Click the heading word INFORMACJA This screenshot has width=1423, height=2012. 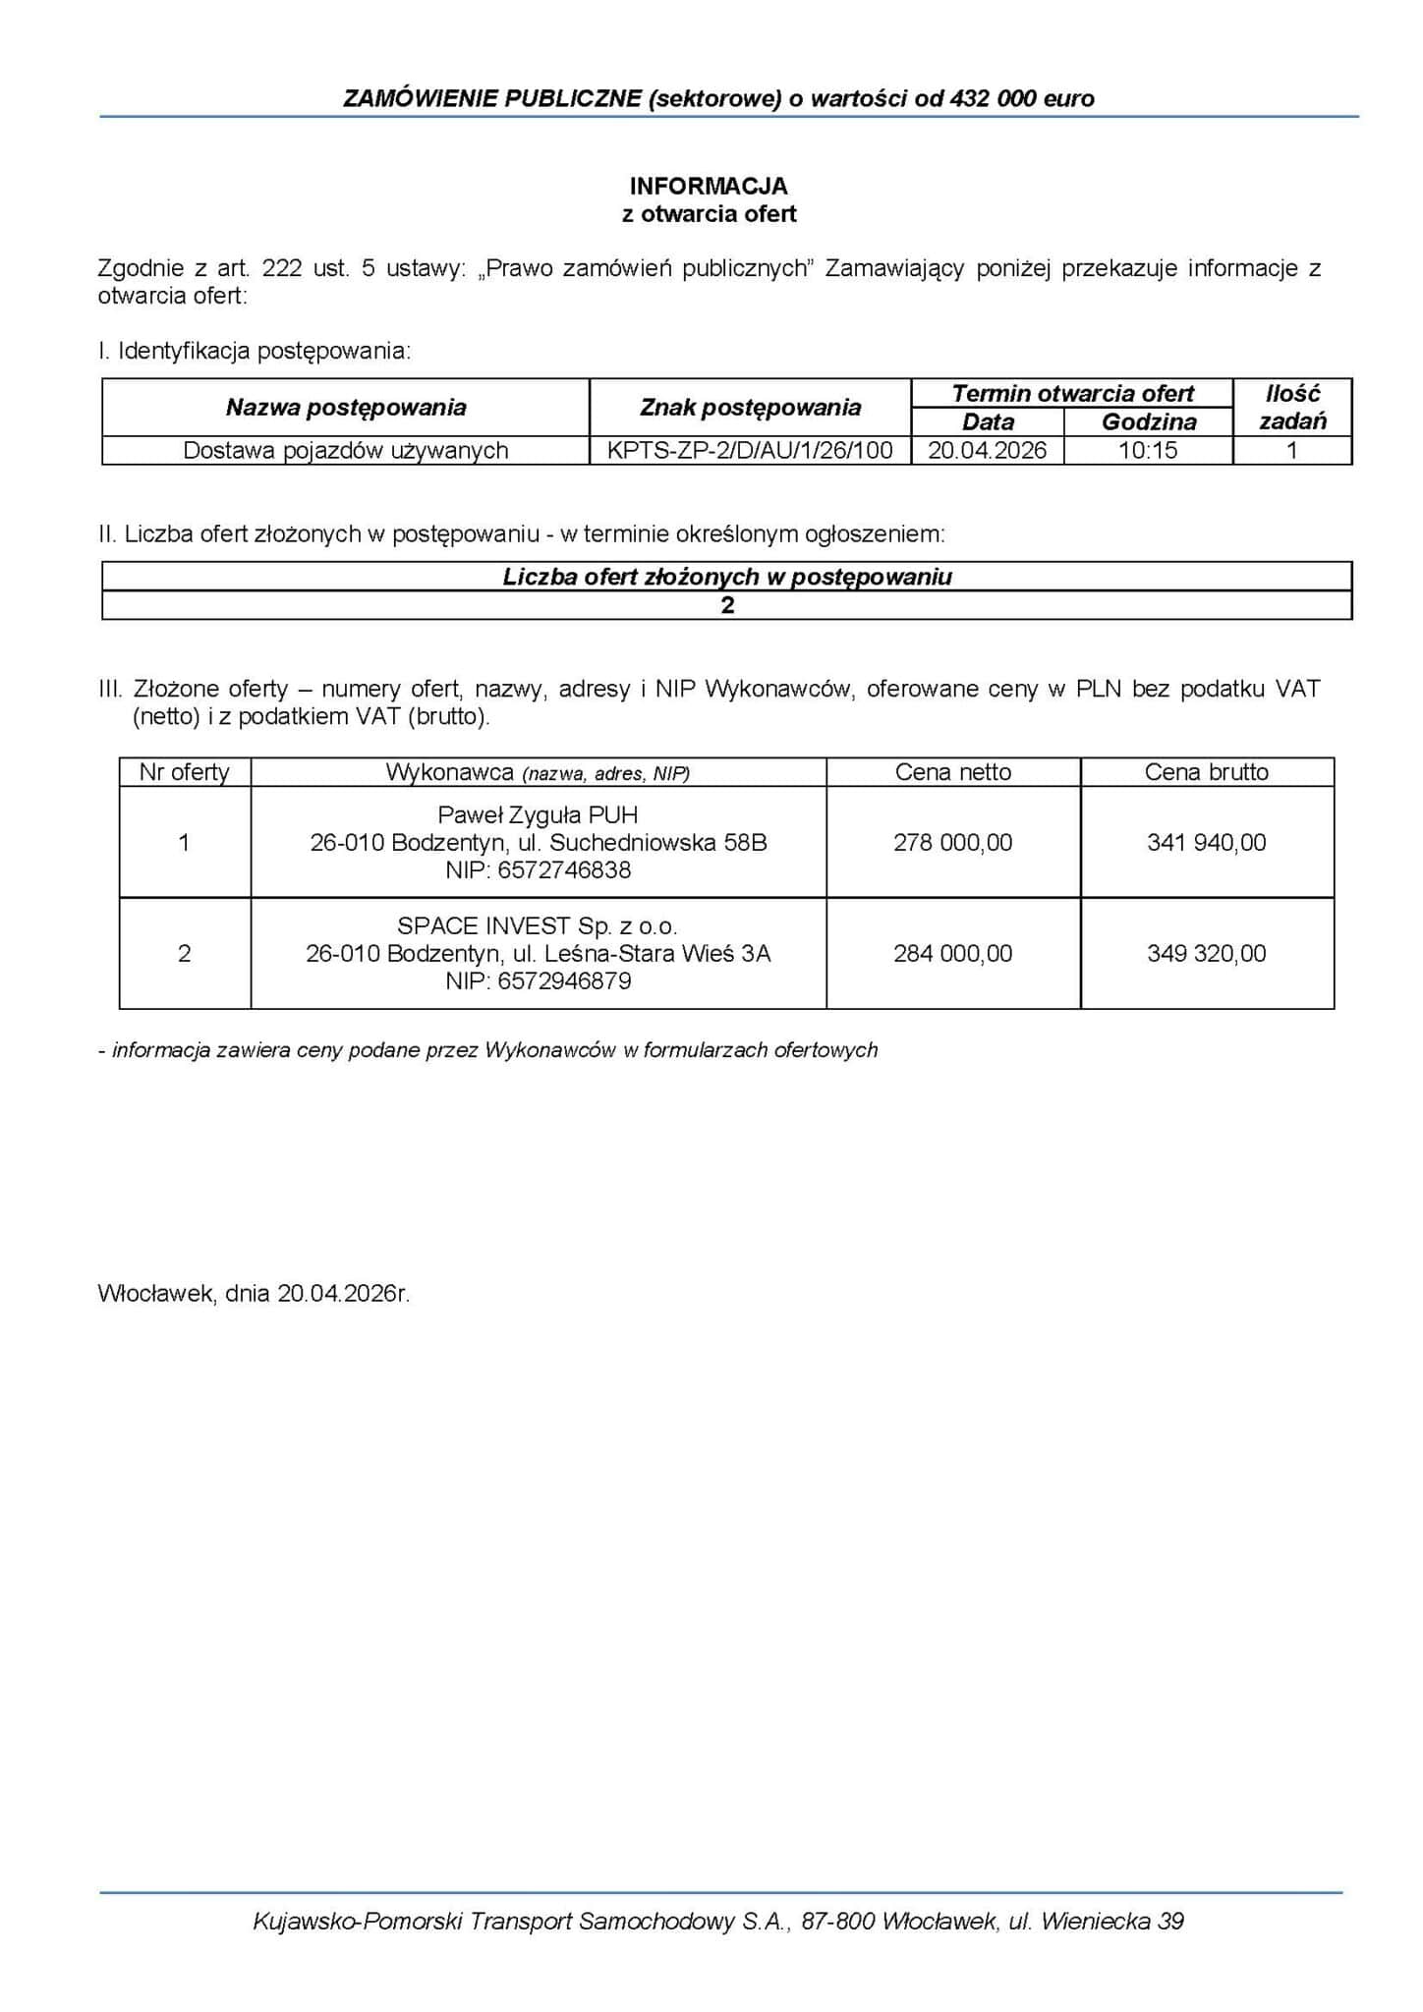point(709,186)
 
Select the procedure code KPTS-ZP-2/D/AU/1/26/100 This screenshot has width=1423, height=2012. point(750,451)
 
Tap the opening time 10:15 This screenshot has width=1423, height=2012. point(1148,451)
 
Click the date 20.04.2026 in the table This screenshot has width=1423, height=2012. point(988,451)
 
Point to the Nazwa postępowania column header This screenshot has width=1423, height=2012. point(346,408)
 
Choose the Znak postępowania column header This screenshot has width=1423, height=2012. point(750,408)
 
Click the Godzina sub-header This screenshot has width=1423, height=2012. point(1149,422)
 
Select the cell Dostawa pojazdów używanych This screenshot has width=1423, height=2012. point(346,451)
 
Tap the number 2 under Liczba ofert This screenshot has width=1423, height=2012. point(727,605)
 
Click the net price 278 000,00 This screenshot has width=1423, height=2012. point(952,843)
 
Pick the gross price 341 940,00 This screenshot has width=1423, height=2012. point(1206,843)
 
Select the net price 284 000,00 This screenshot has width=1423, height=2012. point(952,954)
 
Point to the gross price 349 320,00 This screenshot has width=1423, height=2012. point(1206,954)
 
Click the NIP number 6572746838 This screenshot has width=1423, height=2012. point(564,870)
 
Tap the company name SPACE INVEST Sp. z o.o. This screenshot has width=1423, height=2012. point(538,926)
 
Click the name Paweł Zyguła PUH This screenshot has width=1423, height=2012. point(538,815)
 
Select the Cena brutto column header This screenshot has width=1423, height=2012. point(1206,772)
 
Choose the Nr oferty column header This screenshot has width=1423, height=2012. point(184,772)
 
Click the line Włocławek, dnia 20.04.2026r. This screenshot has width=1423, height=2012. point(254,1294)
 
